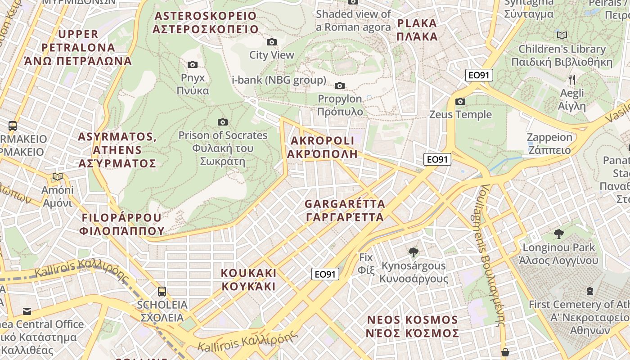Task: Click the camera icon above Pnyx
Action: (x=193, y=65)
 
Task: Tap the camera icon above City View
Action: (x=272, y=42)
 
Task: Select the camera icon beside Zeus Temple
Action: (x=460, y=102)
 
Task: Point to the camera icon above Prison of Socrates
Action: (x=222, y=122)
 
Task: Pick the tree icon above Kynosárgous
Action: (x=413, y=252)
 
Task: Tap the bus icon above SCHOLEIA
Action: (x=162, y=291)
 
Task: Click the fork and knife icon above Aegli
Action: (x=572, y=80)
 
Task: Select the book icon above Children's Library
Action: (x=562, y=35)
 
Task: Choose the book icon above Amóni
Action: (x=57, y=176)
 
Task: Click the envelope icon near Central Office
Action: (x=27, y=311)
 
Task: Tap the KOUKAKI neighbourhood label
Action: (x=248, y=279)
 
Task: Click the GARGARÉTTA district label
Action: (x=345, y=211)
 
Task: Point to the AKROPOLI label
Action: (x=323, y=147)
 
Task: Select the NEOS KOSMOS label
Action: (x=412, y=327)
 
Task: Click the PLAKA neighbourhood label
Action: (x=417, y=30)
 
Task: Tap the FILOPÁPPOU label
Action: (x=121, y=224)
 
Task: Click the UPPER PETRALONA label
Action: (x=78, y=47)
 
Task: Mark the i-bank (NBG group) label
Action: (x=279, y=81)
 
